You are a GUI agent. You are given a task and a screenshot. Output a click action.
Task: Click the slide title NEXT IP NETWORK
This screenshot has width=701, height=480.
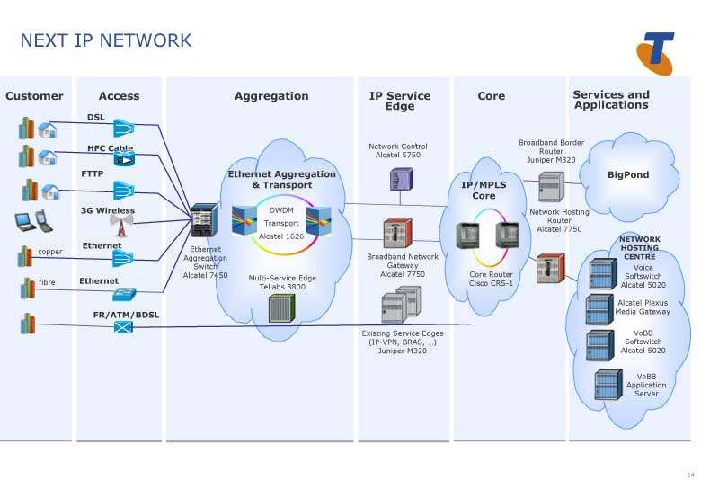pos(105,40)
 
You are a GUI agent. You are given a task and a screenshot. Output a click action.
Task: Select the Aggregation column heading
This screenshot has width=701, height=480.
pos(271,96)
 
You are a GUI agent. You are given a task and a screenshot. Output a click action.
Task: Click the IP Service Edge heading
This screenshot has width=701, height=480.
pos(400,101)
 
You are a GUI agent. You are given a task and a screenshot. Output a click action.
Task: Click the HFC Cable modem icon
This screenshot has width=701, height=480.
pos(123,159)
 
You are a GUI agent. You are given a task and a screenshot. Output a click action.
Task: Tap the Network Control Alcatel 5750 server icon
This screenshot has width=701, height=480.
pos(401,179)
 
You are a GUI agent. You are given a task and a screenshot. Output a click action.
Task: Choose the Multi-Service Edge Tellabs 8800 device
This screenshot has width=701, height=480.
pos(281,308)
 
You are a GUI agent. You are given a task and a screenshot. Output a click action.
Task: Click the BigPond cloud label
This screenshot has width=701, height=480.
pos(628,175)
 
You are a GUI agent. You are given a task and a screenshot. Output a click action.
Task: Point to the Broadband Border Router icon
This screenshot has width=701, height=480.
pos(550,186)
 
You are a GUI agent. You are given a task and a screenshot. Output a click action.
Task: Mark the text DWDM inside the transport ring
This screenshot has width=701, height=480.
pos(281,210)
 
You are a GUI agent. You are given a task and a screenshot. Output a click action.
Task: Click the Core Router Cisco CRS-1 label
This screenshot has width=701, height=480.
pos(491,279)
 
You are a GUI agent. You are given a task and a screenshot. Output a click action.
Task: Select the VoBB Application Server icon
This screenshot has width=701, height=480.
pos(608,385)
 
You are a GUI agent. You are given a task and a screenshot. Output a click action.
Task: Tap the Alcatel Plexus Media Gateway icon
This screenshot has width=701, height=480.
pos(599,308)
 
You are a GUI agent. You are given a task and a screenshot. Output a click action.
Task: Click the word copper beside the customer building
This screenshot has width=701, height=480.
pos(50,253)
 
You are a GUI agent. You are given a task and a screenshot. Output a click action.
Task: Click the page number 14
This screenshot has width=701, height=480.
pos(690,474)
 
